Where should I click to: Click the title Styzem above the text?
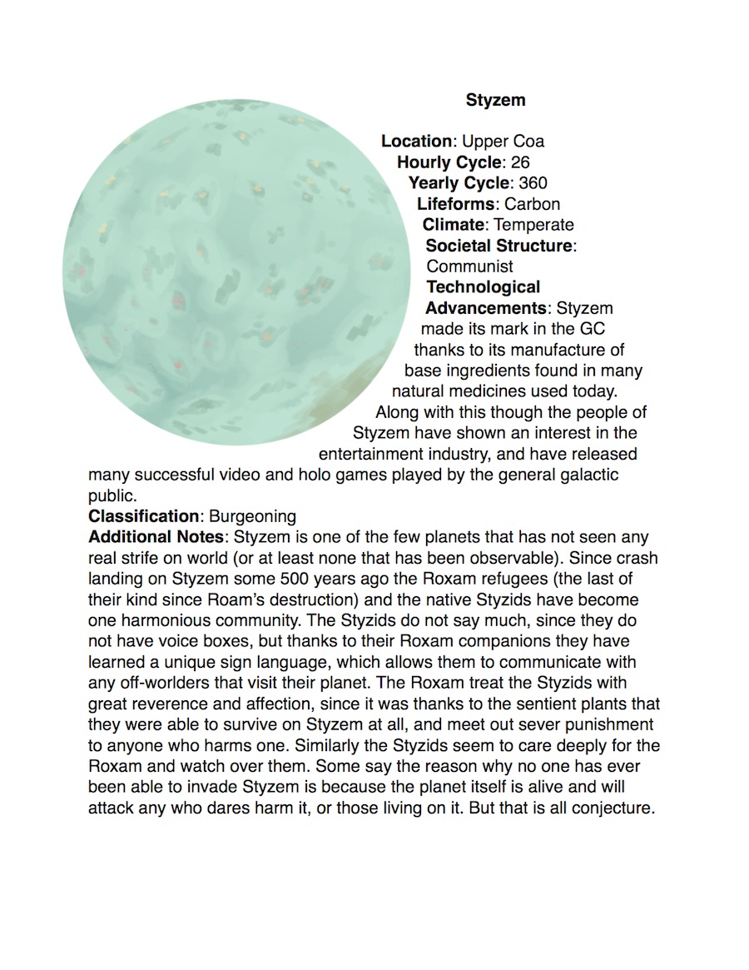coord(495,101)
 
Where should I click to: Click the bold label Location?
coord(417,142)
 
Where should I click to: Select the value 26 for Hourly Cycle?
coord(520,162)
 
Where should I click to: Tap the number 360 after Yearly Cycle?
coord(533,183)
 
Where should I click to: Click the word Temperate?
coord(533,225)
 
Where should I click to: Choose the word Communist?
coord(469,266)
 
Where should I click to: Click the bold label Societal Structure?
coord(499,246)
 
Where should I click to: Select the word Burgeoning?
coord(252,516)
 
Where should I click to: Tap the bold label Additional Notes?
coord(156,537)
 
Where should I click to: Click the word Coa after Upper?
coord(529,142)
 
